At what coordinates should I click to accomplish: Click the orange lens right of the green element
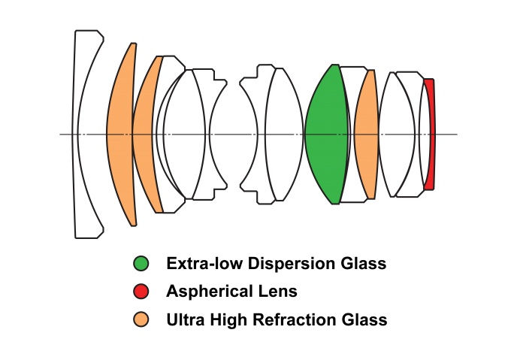(366, 135)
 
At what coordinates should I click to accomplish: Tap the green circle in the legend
(141, 264)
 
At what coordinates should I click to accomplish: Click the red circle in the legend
(141, 291)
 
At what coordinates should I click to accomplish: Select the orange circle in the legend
(141, 319)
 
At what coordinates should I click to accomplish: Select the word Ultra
(185, 319)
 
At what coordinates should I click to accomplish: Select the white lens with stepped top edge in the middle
(258, 135)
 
